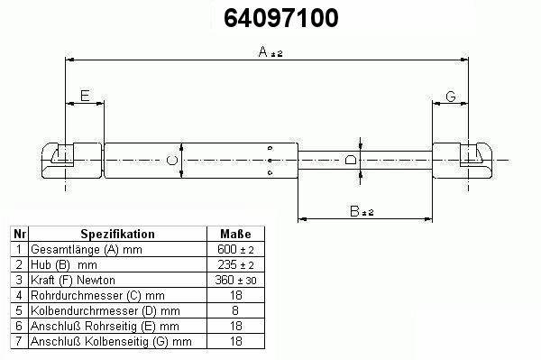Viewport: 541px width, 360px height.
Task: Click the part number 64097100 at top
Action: (280, 18)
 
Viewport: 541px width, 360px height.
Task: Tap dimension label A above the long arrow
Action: (263, 51)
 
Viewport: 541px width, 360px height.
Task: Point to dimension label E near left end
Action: (85, 96)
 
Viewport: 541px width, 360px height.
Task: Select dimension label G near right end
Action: (451, 97)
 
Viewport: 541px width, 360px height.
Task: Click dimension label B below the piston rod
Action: (354, 211)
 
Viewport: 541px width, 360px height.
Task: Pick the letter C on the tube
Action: (172, 161)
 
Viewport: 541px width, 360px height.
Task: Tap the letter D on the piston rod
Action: (351, 160)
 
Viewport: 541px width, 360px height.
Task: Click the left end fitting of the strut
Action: (72, 161)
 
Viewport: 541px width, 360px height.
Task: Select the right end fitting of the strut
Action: (463, 161)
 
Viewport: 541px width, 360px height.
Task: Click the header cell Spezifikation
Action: (117, 234)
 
